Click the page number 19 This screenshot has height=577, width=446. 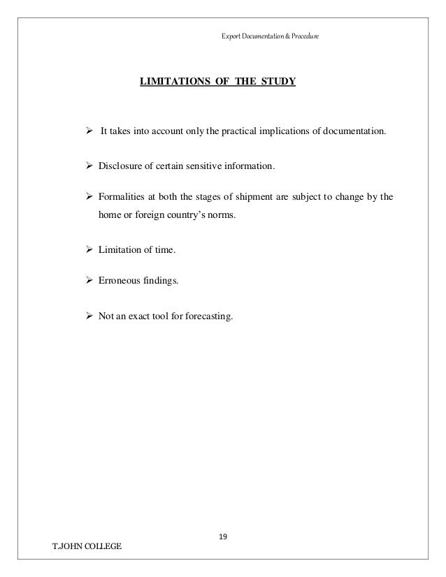pyautogui.click(x=223, y=537)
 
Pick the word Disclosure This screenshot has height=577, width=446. pyautogui.click(x=121, y=166)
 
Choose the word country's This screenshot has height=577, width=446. pyautogui.click(x=189, y=216)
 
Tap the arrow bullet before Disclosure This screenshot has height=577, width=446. pyautogui.click(x=89, y=166)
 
